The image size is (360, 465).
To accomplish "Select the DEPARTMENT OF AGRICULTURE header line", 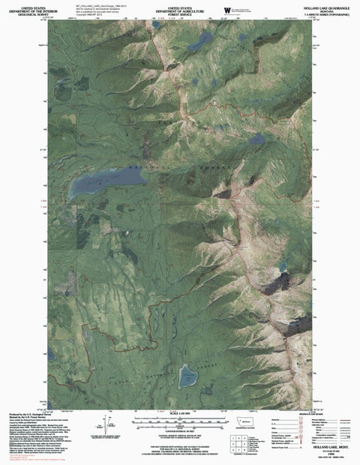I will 180,8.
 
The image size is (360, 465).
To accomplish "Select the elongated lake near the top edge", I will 200,42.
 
